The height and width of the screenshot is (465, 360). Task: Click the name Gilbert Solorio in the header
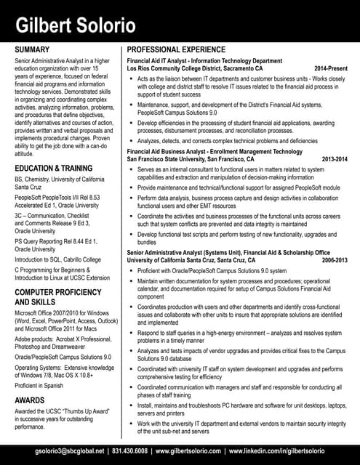pyautogui.click(x=76, y=26)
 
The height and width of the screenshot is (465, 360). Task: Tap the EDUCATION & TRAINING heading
pyautogui.click(x=54, y=168)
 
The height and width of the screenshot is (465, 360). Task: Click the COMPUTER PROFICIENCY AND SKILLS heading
pyautogui.click(x=57, y=296)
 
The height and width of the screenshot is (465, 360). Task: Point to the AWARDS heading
pyautogui.click(x=30, y=400)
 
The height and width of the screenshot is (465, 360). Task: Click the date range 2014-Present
pyautogui.click(x=331, y=68)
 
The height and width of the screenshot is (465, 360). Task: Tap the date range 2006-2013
pyautogui.click(x=335, y=259)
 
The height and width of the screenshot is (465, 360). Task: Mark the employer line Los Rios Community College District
pyautogui.click(x=195, y=68)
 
